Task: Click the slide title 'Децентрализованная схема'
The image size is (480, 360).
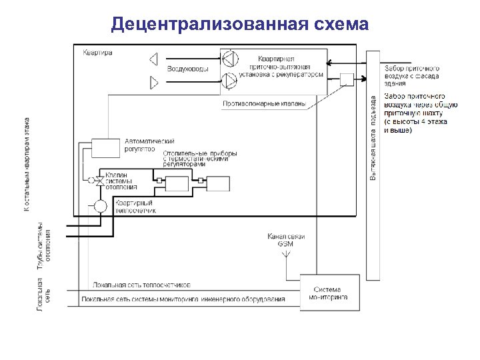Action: [x=240, y=25]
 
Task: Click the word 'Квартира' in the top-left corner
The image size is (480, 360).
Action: [x=98, y=52]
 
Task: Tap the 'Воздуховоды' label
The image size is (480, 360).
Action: [x=187, y=69]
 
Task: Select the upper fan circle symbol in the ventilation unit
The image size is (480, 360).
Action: [x=229, y=59]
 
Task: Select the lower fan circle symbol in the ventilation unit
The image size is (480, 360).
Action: [x=229, y=81]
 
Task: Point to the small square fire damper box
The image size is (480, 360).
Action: [x=347, y=79]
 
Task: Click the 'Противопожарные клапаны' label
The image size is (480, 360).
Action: [x=264, y=103]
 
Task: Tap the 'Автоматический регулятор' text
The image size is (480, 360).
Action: [x=149, y=145]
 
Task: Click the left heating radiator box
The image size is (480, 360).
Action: [x=177, y=184]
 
